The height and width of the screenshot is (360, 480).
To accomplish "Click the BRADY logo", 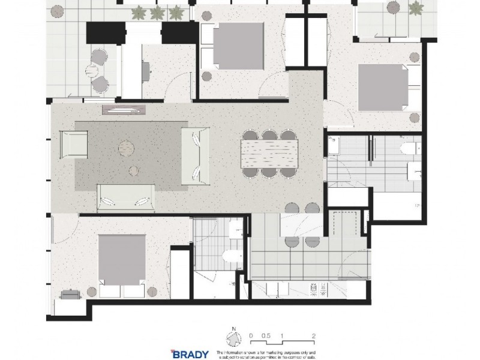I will pos(191,353).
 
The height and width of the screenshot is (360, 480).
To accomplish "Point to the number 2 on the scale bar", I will pos(314,337).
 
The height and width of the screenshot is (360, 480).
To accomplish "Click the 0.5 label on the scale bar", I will pos(266,337).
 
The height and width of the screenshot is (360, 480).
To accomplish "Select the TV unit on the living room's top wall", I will pos(125,109).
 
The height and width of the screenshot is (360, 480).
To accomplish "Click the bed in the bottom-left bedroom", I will pos(122,264).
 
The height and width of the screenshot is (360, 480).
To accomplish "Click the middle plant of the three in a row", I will pos(158,12).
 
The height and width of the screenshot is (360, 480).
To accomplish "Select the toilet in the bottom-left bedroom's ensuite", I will pos(229,257).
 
